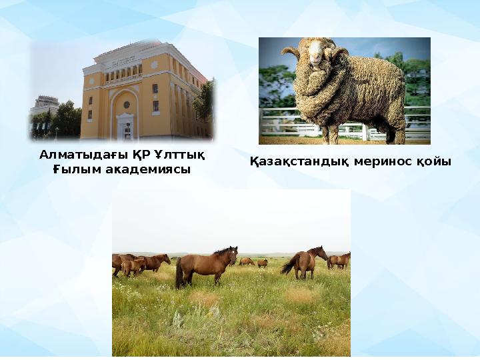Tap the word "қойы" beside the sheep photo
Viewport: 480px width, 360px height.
[x=434, y=162]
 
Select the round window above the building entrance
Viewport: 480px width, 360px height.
[x=126, y=105]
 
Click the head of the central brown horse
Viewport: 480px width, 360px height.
[x=231, y=254]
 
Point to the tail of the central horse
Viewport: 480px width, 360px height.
[x=179, y=273]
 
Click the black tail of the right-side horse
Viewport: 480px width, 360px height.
[x=287, y=265]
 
